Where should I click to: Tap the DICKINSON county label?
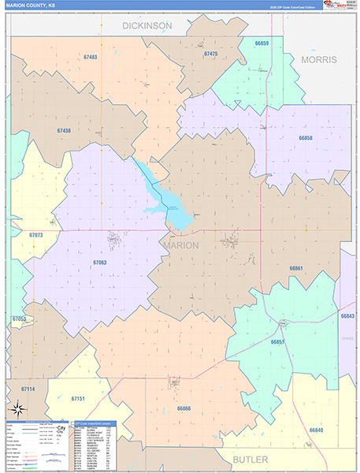[x=147, y=26]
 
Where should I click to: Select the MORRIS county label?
[x=318, y=59]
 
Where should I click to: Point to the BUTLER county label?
[x=250, y=459]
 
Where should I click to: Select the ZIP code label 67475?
[x=210, y=54]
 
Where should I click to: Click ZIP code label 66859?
[x=262, y=43]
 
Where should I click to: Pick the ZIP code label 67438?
[x=64, y=131]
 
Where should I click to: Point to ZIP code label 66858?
[x=306, y=138]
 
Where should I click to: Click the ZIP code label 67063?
[x=99, y=262]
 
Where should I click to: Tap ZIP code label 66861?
[x=296, y=269]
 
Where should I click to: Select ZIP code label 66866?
[x=184, y=408]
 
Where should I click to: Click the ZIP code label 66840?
[x=316, y=430]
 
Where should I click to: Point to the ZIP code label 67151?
[x=78, y=400]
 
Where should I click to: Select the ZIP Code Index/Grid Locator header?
[x=94, y=423]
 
